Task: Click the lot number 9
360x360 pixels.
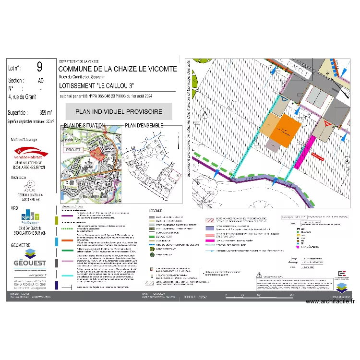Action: (x=39, y=67)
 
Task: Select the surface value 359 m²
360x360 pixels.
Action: (x=46, y=113)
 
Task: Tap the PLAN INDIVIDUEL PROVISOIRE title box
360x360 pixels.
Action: (x=119, y=111)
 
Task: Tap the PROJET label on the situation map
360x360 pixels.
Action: (x=74, y=149)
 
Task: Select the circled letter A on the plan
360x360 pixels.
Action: (x=205, y=113)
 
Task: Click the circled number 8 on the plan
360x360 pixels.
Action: (x=346, y=162)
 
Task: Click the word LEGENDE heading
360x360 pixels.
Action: (x=156, y=211)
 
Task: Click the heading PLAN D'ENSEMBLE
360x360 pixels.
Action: (x=144, y=125)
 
